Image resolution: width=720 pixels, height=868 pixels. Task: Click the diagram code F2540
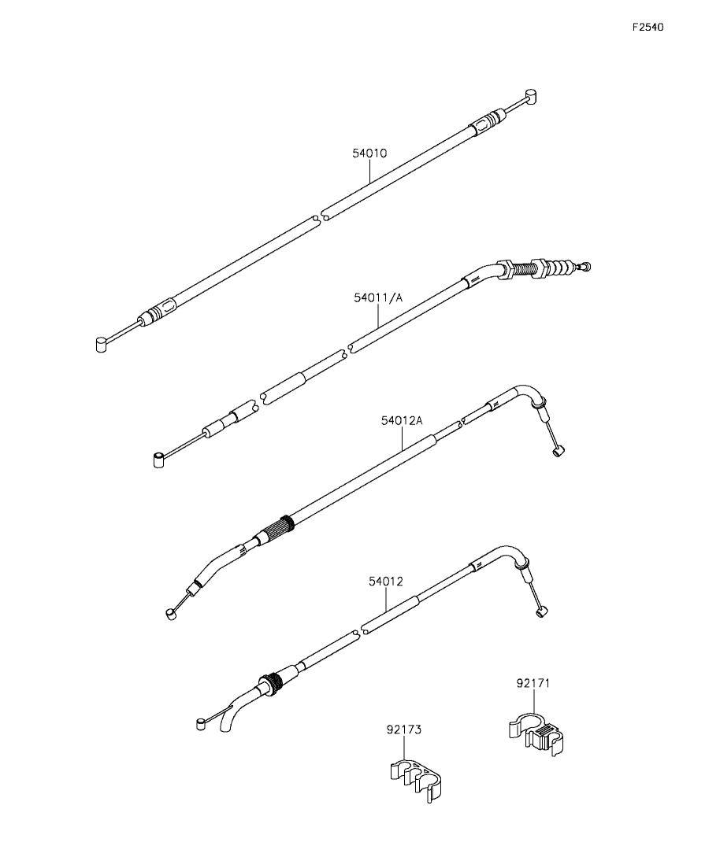pyautogui.click(x=648, y=27)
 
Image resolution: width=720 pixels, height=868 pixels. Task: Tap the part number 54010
pyautogui.click(x=369, y=153)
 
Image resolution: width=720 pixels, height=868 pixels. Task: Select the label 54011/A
pyautogui.click(x=378, y=298)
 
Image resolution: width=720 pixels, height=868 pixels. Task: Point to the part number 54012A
pyautogui.click(x=402, y=420)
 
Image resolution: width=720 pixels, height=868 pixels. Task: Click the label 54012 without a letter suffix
pyautogui.click(x=386, y=582)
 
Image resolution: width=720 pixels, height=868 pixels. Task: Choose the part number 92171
pyautogui.click(x=533, y=684)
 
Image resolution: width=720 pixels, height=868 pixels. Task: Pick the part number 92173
pyautogui.click(x=405, y=729)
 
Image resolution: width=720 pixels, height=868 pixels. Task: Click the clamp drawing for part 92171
pyautogui.click(x=536, y=737)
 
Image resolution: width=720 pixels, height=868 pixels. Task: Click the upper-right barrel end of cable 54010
pyautogui.click(x=532, y=97)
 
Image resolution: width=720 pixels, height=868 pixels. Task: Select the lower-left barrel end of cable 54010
pyautogui.click(x=100, y=343)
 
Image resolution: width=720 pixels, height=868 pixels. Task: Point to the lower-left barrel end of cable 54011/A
pyautogui.click(x=157, y=458)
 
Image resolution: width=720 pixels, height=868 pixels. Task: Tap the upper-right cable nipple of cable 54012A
pyautogui.click(x=558, y=451)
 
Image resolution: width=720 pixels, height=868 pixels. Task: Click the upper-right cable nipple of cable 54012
pyautogui.click(x=541, y=612)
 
